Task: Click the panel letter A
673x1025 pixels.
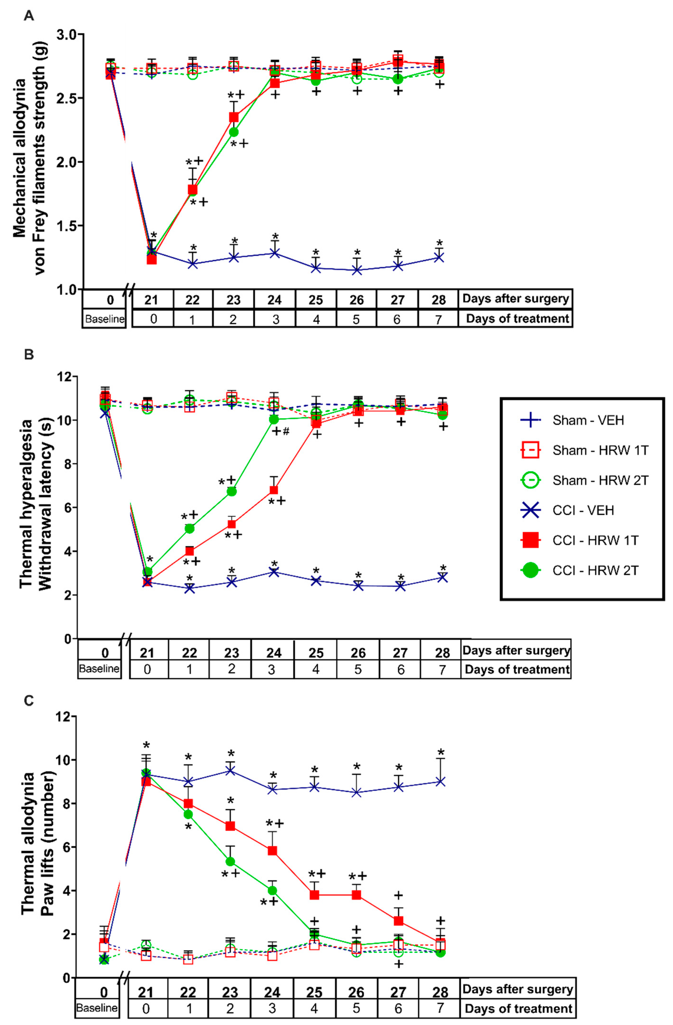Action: tap(29, 16)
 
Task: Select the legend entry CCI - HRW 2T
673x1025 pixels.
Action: tap(595, 571)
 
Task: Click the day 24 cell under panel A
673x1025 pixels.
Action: tap(275, 300)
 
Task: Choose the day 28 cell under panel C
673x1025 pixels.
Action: tap(440, 992)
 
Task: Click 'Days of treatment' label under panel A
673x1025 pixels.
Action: tap(517, 319)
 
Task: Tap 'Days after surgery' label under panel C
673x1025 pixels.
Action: tap(517, 989)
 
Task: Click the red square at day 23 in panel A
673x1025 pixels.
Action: tap(234, 117)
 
